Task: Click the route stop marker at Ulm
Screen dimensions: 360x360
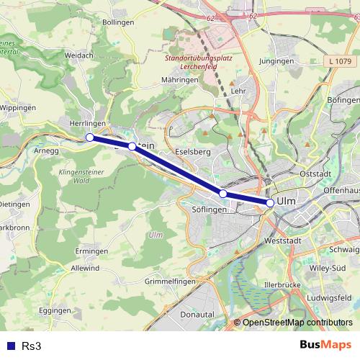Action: pyautogui.click(x=270, y=203)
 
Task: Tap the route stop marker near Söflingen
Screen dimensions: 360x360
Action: pyautogui.click(x=223, y=194)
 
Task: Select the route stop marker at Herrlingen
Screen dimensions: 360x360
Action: pyautogui.click(x=90, y=138)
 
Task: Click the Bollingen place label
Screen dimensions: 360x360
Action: pyautogui.click(x=119, y=22)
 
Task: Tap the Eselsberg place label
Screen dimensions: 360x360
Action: pyautogui.click(x=193, y=152)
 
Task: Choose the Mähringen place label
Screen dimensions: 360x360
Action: pyautogui.click(x=180, y=80)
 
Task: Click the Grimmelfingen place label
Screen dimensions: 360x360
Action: pyautogui.click(x=171, y=281)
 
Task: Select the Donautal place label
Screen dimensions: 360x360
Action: pyautogui.click(x=197, y=315)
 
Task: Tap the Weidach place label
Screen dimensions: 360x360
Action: pyautogui.click(x=78, y=55)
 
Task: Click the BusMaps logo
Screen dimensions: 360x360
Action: pyautogui.click(x=325, y=345)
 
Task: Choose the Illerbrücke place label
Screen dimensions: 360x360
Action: pyautogui.click(x=282, y=285)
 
